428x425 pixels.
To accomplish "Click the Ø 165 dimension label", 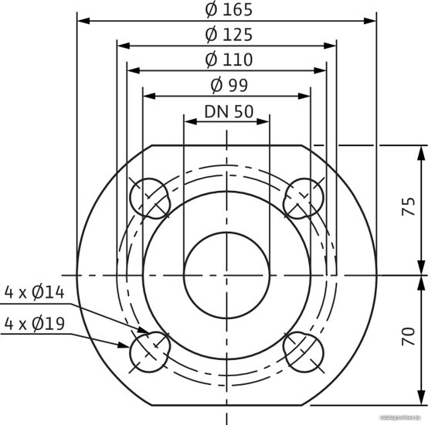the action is coord(229,10).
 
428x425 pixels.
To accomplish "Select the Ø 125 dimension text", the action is coord(229,35).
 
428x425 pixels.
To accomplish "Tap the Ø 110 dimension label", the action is coord(229,59).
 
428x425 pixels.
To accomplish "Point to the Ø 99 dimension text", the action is coord(229,85).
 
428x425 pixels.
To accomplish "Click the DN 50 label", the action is coord(229,111).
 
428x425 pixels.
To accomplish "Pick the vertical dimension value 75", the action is coord(409,206).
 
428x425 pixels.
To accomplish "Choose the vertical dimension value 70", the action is coord(409,336).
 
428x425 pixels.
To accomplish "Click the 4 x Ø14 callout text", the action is coord(35,292).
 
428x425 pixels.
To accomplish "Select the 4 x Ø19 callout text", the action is coord(35,324).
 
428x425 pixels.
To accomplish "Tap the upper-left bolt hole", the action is coord(149,199).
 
